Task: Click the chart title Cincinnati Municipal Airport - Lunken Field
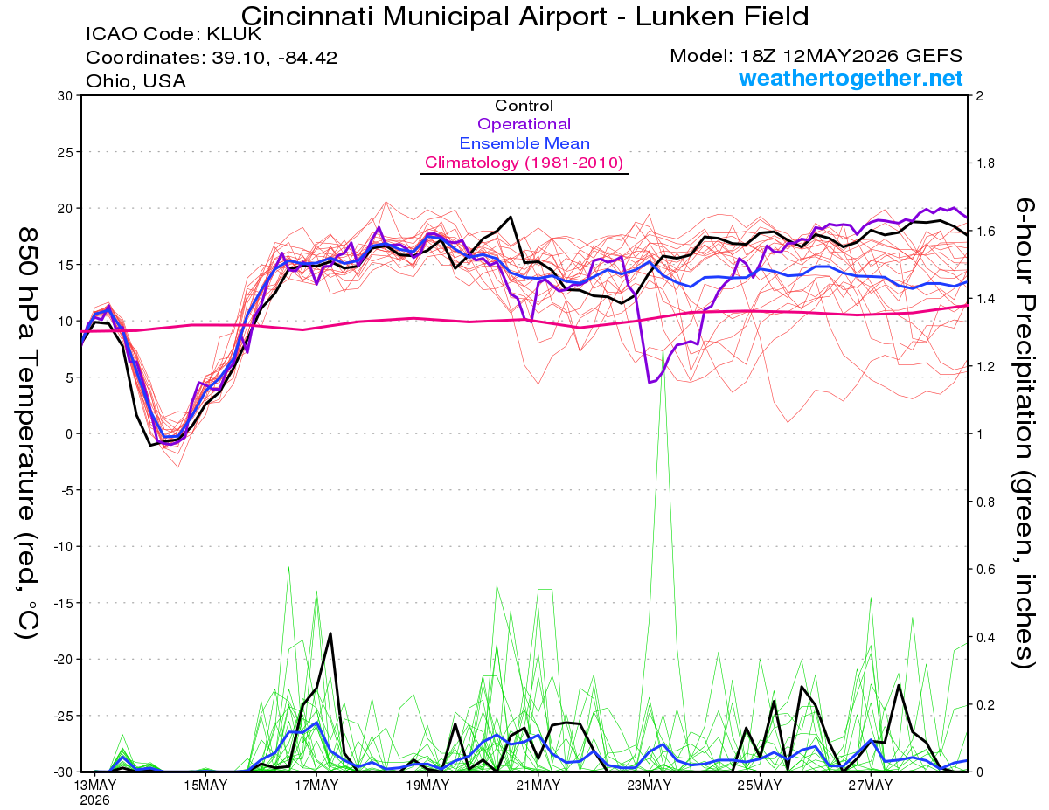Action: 524,17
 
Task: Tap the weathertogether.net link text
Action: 851,78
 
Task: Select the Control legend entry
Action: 524,106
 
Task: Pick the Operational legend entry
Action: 524,124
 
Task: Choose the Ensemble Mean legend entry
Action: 524,143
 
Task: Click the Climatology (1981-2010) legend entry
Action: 524,163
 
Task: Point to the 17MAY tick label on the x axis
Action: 316,786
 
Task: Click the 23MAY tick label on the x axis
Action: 650,786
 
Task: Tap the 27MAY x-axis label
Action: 871,786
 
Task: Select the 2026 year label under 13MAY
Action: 94,801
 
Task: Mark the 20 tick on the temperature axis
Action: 66,209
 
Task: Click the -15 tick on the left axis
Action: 63,603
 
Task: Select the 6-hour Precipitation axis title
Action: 1024,433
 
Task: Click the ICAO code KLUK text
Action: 173,34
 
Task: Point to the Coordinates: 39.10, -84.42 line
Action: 212,58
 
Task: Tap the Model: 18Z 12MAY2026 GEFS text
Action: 816,56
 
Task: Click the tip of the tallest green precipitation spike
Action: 663,346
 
